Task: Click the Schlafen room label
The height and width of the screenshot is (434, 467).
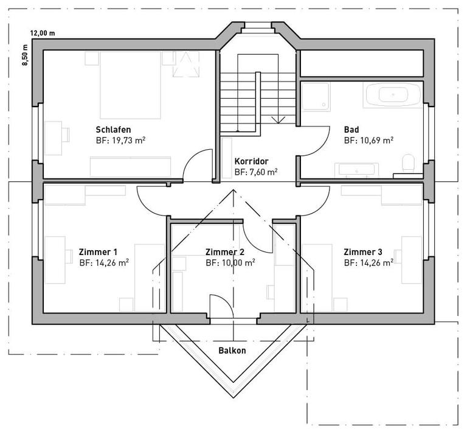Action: (x=113, y=130)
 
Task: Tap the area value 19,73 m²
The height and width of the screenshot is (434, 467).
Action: (x=129, y=141)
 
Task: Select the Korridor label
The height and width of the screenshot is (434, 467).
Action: (x=251, y=161)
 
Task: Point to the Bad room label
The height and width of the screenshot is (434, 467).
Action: (x=351, y=130)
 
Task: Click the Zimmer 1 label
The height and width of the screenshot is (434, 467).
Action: (x=98, y=252)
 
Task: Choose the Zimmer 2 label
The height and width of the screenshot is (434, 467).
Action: (x=225, y=252)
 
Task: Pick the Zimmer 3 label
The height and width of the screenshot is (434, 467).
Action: (x=363, y=252)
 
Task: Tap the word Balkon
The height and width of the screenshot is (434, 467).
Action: (x=232, y=350)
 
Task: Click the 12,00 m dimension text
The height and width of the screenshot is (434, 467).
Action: (x=43, y=33)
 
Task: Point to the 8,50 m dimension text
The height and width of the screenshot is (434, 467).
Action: (x=25, y=55)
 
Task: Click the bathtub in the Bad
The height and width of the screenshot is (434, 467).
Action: (x=393, y=95)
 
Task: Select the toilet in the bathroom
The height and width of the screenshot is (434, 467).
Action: (x=408, y=163)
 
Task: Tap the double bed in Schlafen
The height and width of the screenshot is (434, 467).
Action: (x=131, y=85)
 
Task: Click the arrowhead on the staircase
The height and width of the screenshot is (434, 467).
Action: (x=278, y=120)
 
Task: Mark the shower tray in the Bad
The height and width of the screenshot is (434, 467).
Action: (x=316, y=97)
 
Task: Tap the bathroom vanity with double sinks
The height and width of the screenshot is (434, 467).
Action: (x=356, y=170)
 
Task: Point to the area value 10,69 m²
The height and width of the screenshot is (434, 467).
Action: (x=377, y=141)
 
